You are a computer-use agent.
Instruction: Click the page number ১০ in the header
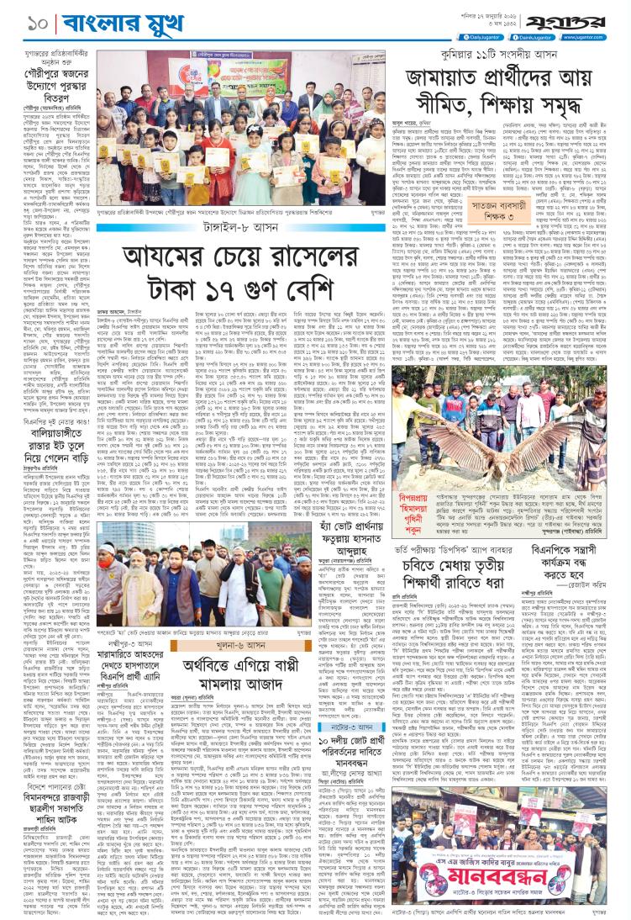18,16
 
